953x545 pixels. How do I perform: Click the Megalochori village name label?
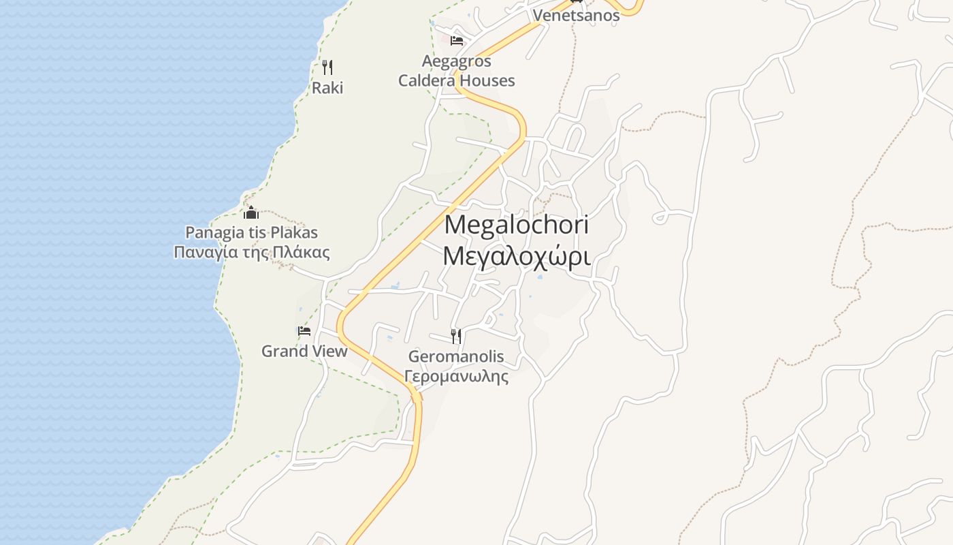516,225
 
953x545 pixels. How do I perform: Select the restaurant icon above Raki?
327,67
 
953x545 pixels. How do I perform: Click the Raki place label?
327,88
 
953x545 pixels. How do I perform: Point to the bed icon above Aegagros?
457,41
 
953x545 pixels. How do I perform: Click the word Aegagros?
456,61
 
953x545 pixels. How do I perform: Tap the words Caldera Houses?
456,80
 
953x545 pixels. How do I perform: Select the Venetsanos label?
576,16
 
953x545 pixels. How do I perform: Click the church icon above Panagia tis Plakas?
251,213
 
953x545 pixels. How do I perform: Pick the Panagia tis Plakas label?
251,233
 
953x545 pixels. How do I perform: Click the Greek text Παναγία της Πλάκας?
251,253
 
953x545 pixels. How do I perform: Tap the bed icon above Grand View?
304,331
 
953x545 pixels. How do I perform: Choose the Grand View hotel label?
304,352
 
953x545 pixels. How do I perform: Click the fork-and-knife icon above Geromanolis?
456,336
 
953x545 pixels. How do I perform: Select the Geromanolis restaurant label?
456,356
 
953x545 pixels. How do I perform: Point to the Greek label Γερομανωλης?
456,376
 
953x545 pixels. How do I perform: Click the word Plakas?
293,233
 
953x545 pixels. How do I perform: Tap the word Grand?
283,352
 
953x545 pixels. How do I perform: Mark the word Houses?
487,80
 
